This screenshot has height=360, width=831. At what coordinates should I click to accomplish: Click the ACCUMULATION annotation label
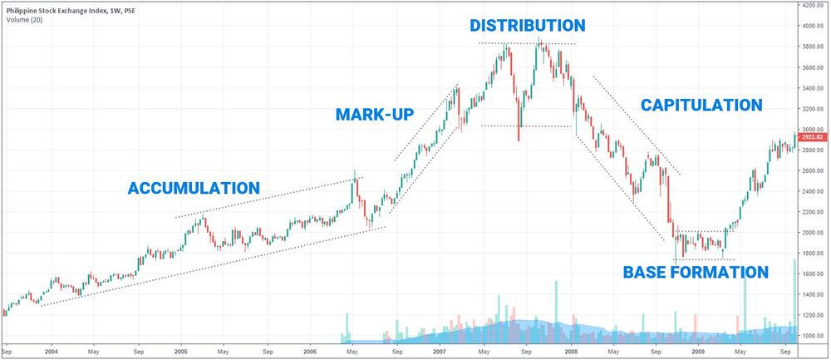coord(194,188)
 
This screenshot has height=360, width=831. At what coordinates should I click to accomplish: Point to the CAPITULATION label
coord(701,106)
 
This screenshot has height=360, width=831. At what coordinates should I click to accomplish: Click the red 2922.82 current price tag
coord(813,138)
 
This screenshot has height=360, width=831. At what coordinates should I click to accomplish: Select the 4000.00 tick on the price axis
coord(813,26)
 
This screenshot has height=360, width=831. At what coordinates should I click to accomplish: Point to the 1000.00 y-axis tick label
coord(813,335)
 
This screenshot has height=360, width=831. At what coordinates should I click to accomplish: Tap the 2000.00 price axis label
coord(813,232)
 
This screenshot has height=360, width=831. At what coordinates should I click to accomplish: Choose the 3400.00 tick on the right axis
coord(813,87)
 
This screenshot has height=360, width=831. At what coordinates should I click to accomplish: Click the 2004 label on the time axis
coord(51,352)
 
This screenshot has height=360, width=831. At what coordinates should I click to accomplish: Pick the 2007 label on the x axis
coord(440,352)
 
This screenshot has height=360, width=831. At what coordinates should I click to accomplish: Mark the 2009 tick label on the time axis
coord(700,352)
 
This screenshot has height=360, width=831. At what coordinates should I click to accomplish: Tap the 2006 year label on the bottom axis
coord(311,352)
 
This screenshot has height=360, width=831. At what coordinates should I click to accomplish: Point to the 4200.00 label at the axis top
coord(813,5)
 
